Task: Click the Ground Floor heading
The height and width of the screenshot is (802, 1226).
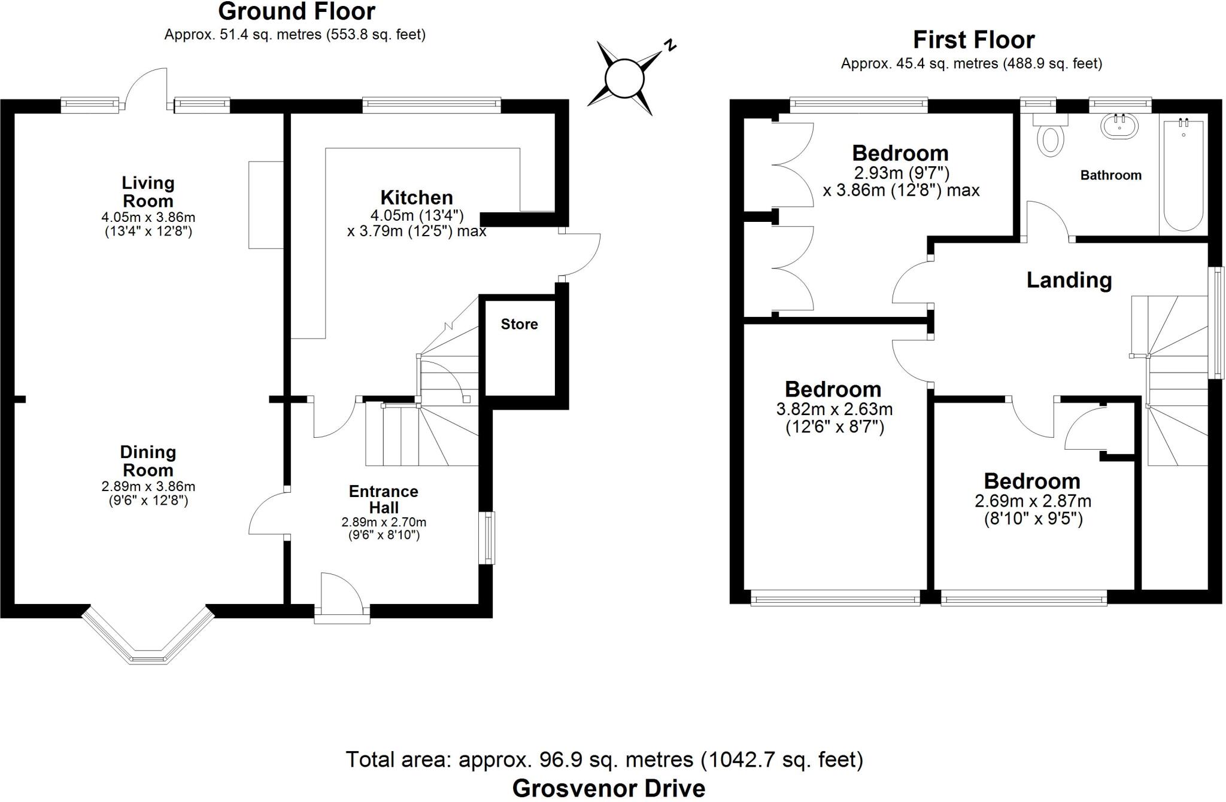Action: (296, 11)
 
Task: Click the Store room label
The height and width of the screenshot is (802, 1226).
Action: (519, 324)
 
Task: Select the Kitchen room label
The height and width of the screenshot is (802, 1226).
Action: (417, 197)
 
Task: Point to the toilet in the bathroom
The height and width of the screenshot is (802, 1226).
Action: (1051, 138)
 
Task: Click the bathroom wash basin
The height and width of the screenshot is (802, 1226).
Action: (1119, 127)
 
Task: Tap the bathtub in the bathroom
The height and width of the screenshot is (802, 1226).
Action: (1183, 176)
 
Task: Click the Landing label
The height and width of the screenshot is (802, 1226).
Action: (1069, 280)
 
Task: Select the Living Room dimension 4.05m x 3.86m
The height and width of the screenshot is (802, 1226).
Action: (148, 218)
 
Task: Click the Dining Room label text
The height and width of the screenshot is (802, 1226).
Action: (148, 461)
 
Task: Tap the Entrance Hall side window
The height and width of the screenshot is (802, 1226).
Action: (489, 538)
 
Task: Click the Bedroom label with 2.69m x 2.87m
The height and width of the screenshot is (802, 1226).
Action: (1032, 481)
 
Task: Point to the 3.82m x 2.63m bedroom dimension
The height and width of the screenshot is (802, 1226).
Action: (834, 410)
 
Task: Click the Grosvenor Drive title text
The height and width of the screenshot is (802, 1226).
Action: (608, 788)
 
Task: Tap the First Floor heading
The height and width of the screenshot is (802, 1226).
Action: (973, 40)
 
